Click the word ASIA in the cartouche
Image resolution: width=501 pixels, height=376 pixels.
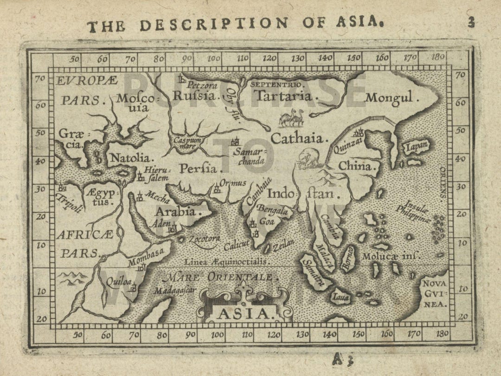[244, 314]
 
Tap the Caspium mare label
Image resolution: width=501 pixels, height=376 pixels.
[187, 142]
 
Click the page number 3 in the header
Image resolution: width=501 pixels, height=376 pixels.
[471, 22]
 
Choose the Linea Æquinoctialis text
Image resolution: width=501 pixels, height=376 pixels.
[225, 262]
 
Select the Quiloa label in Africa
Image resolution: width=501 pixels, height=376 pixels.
[116, 282]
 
